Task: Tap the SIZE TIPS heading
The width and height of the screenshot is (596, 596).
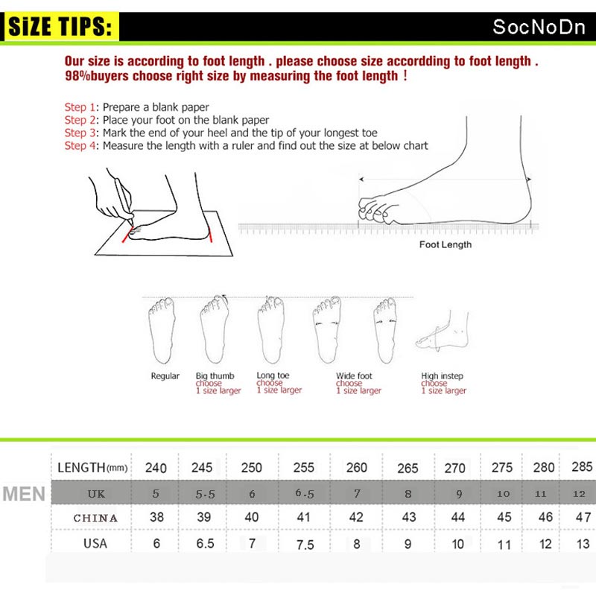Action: pos(63,28)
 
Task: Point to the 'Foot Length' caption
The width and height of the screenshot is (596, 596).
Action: pos(445,244)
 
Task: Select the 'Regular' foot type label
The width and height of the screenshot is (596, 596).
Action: pos(165,376)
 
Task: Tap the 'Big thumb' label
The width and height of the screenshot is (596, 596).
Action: pos(215,376)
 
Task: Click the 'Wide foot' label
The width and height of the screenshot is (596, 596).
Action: pos(354,376)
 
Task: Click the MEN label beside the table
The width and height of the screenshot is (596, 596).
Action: pos(24,494)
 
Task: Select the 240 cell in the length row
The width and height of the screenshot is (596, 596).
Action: pos(156,468)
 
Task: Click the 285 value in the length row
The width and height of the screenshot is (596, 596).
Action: pos(583,467)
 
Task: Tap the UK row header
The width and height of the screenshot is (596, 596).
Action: pos(96,493)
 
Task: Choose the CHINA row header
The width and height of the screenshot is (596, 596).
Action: pos(95,518)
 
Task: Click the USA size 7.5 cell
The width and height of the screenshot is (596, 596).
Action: pos(305,545)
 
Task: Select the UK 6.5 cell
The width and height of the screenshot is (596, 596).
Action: pos(305,492)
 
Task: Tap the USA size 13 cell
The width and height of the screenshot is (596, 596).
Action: pos(583,545)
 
